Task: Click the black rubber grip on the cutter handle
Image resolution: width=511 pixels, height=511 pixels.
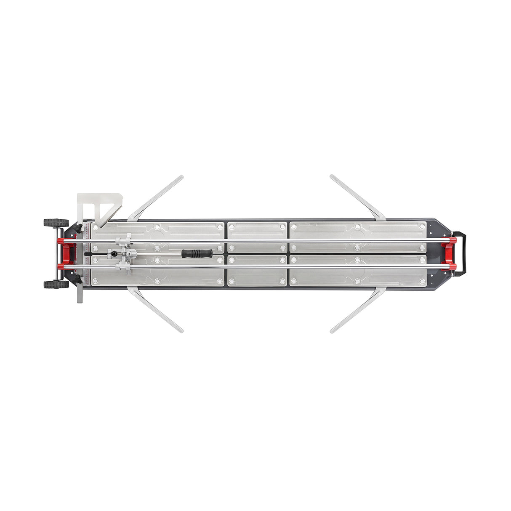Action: tap(197, 253)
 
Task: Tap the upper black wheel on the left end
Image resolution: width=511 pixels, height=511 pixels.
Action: tap(56, 222)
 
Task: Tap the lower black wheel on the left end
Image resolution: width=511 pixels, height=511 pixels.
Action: tap(56, 285)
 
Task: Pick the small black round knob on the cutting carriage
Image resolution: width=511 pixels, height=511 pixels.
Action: tap(114, 254)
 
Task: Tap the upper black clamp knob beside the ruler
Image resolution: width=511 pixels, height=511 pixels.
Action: tap(78, 229)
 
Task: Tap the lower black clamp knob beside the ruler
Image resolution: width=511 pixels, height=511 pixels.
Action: tap(78, 279)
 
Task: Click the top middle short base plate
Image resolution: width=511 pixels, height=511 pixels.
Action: tap(257, 230)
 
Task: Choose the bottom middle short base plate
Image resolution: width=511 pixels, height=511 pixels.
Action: tap(257, 277)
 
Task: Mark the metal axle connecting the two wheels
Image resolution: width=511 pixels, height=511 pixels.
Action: tap(56, 253)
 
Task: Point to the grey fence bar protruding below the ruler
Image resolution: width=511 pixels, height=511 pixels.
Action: tap(80, 295)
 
